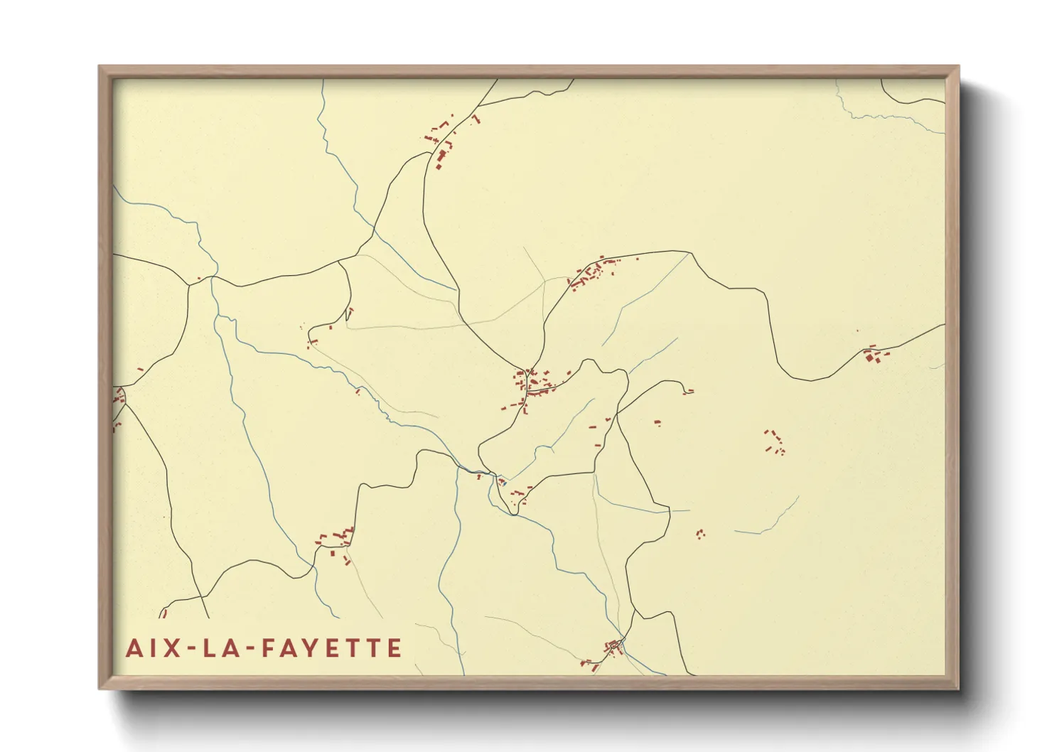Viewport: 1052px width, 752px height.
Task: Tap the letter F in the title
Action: [x=269, y=648]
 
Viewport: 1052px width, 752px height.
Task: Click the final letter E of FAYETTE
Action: [x=394, y=648]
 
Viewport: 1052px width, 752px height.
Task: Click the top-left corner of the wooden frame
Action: [x=100, y=67]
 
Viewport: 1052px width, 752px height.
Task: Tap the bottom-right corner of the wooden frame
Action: [x=958, y=688]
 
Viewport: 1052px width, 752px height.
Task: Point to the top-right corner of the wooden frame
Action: [x=958, y=67]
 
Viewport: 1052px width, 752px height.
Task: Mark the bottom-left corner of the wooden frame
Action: [x=100, y=688]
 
